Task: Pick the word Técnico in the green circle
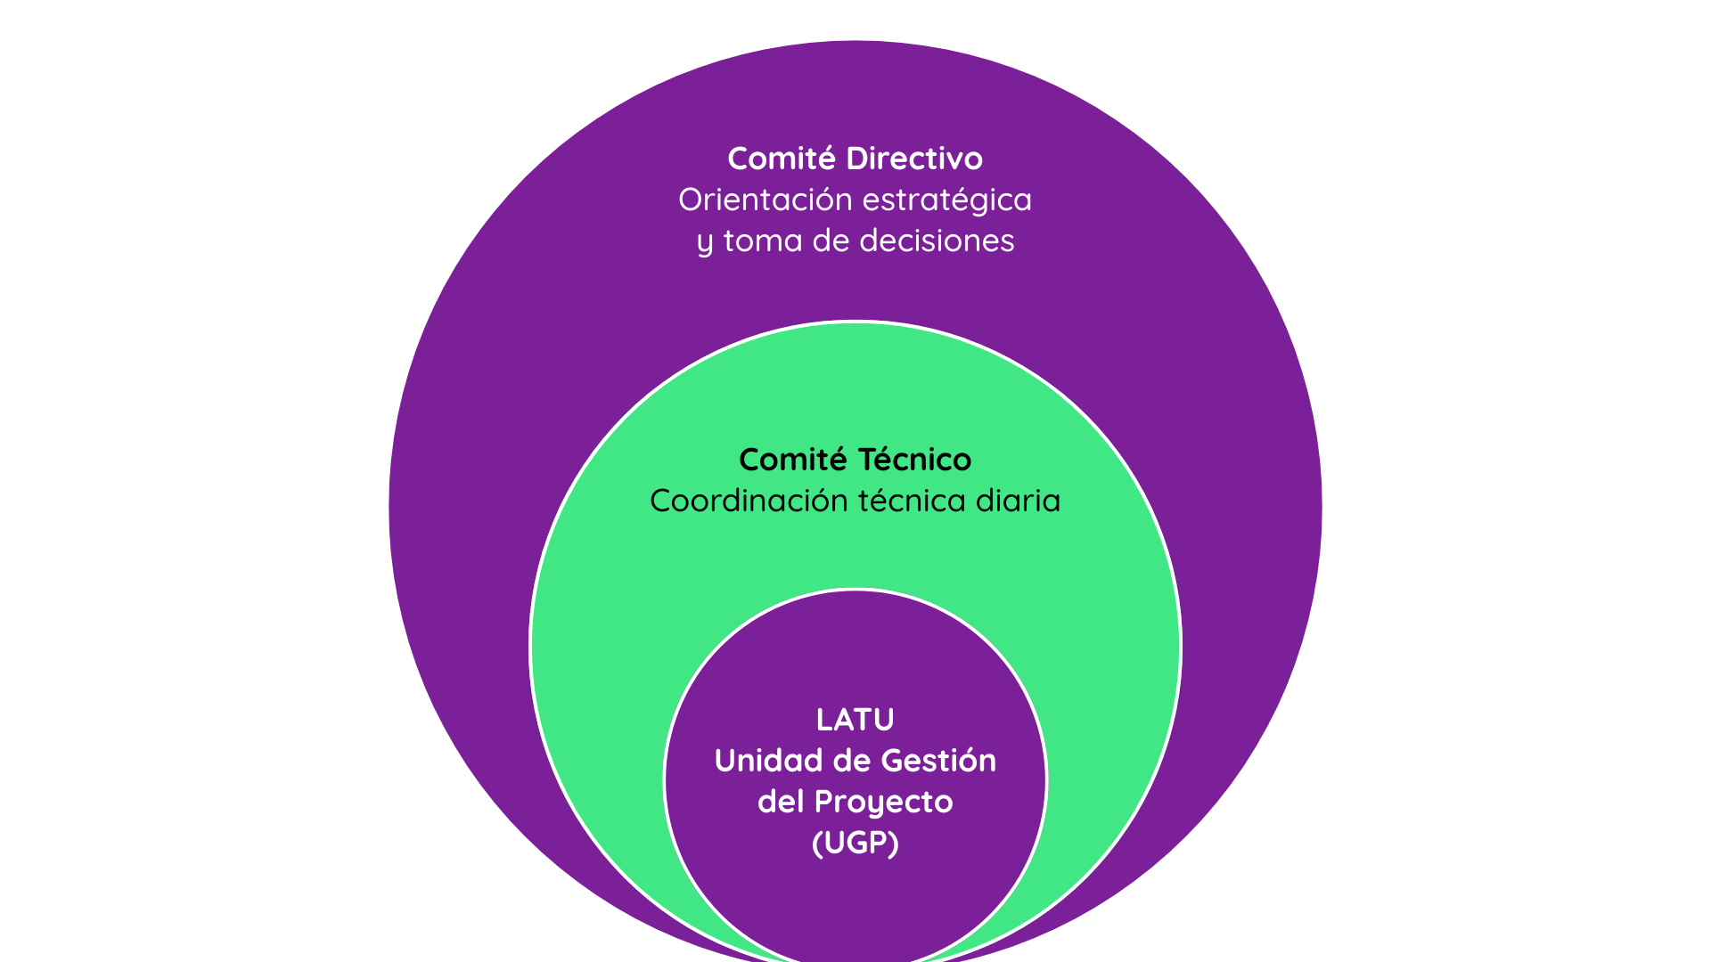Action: [914, 460]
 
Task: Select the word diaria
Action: [1019, 501]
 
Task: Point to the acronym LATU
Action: [855, 720]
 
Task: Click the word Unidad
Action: [768, 761]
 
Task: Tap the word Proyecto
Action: [884, 803]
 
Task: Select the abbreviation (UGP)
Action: [855, 843]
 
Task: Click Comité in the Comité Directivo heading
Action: [782, 159]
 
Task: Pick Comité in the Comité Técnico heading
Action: [793, 460]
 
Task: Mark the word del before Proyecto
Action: [781, 802]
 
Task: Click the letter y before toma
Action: [705, 242]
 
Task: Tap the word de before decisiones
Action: [831, 240]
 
